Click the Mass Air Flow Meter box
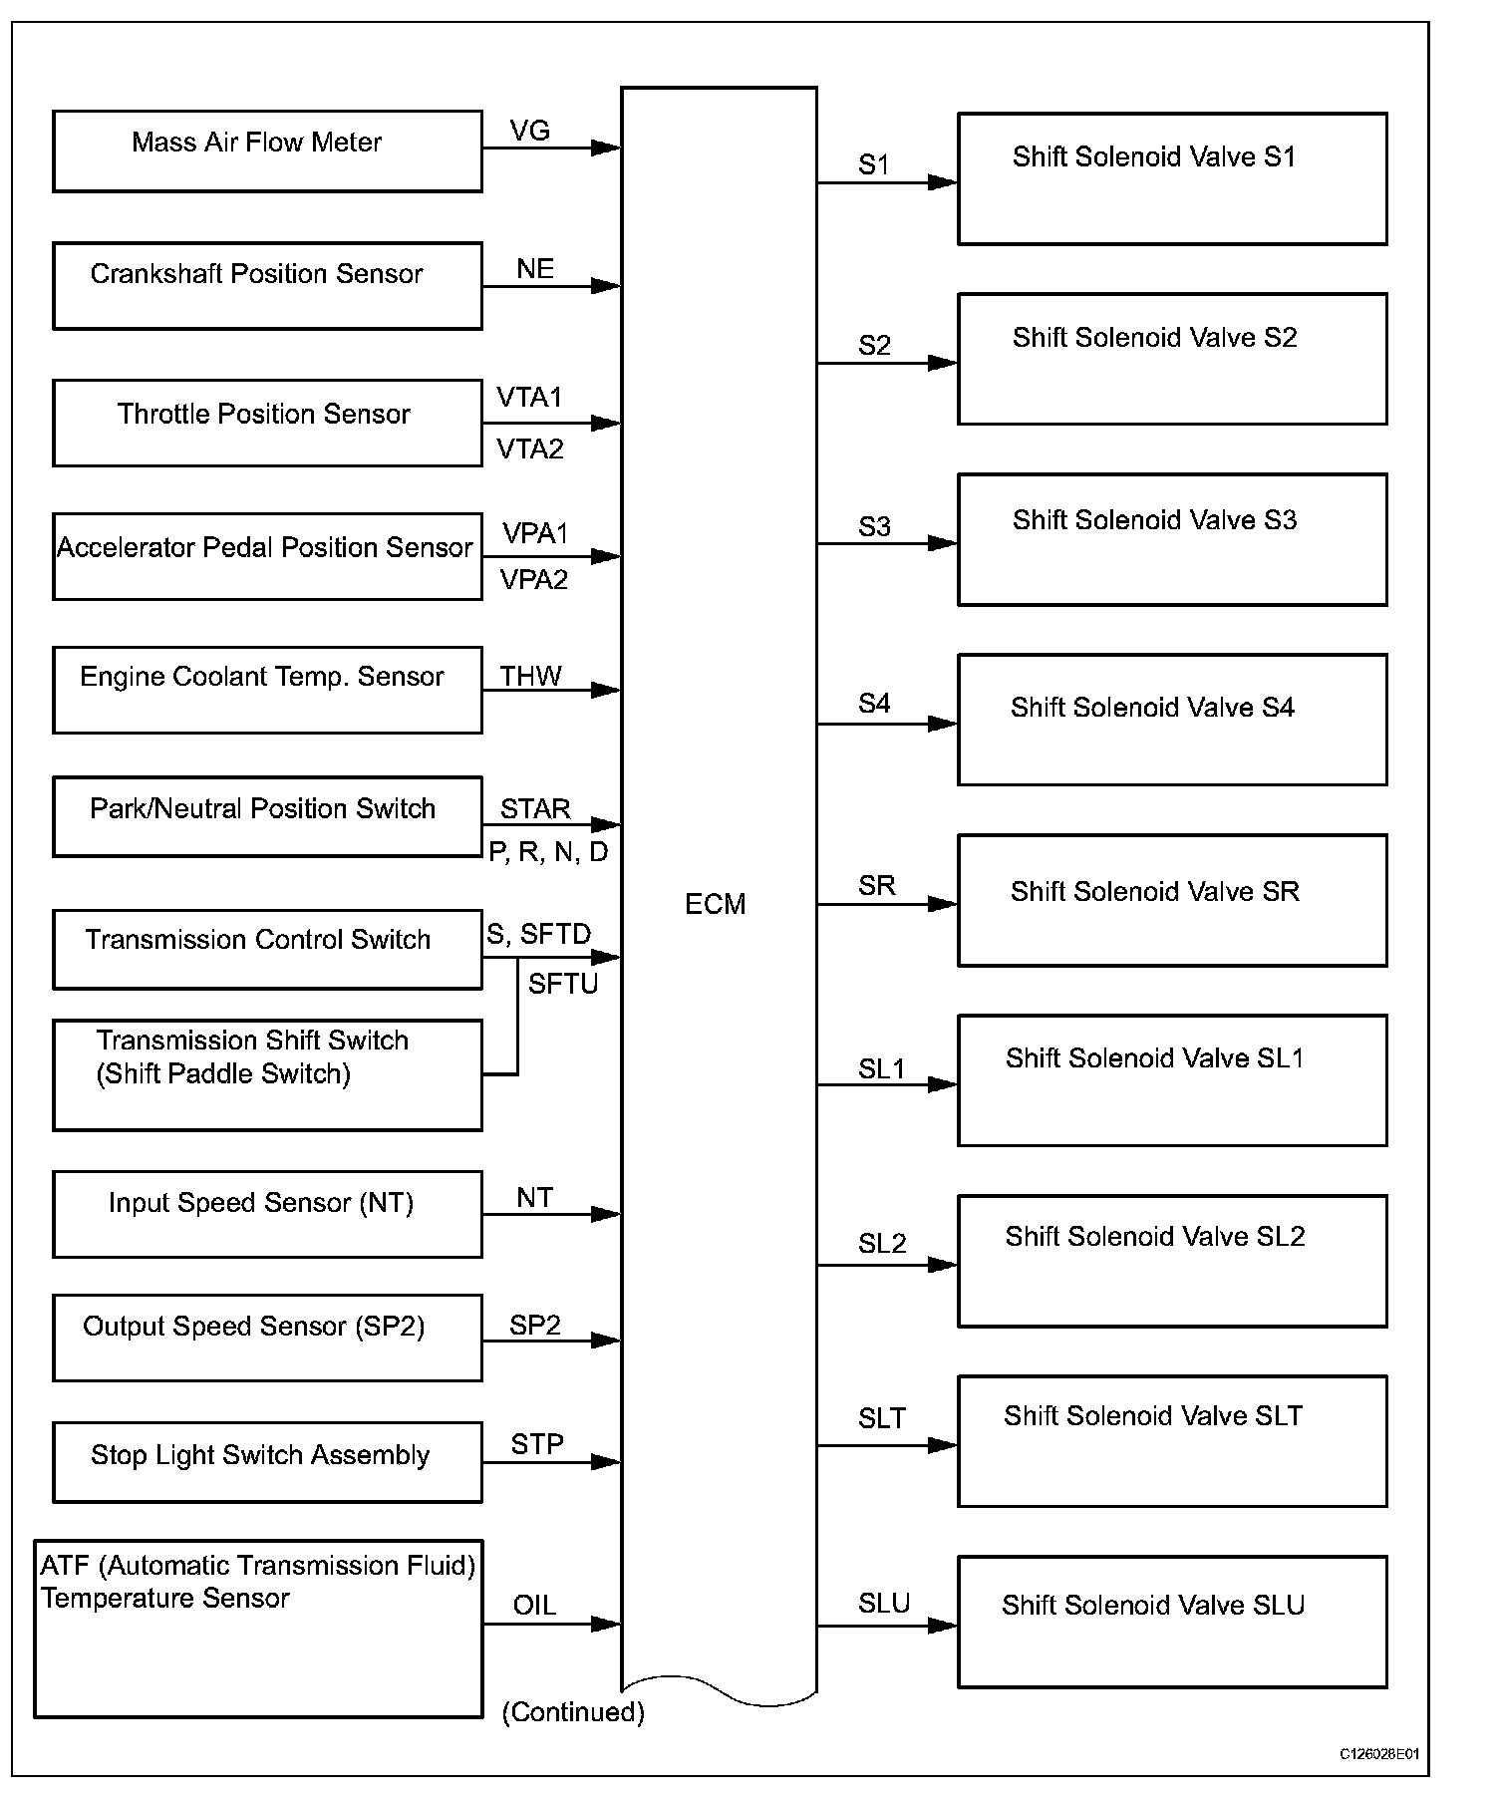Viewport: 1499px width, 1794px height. (267, 151)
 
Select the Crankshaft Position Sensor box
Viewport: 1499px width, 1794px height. (267, 285)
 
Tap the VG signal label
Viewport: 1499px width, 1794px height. (529, 131)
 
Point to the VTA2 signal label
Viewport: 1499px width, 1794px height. (530, 449)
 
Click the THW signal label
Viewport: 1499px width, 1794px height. (530, 677)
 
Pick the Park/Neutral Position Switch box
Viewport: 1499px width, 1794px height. (267, 816)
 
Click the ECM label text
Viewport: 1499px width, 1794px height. (715, 904)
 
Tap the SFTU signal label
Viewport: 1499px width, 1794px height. (562, 985)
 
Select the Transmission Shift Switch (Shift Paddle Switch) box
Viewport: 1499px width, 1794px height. (267, 1074)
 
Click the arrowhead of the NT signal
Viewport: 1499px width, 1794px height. (605, 1214)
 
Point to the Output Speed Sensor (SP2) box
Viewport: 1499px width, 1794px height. (267, 1338)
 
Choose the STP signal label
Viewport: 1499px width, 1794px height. (536, 1444)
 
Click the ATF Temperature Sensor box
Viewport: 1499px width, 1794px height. (258, 1629)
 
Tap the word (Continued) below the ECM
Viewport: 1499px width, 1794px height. (573, 1712)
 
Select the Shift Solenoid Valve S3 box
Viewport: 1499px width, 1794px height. (1172, 539)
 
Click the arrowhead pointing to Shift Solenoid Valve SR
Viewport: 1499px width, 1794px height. (942, 904)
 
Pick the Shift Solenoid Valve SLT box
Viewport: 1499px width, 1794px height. (1172, 1441)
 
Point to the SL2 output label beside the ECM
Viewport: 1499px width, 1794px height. (882, 1244)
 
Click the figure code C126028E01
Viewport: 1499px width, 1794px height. (1378, 1754)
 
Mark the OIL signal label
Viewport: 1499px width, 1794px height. (534, 1606)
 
